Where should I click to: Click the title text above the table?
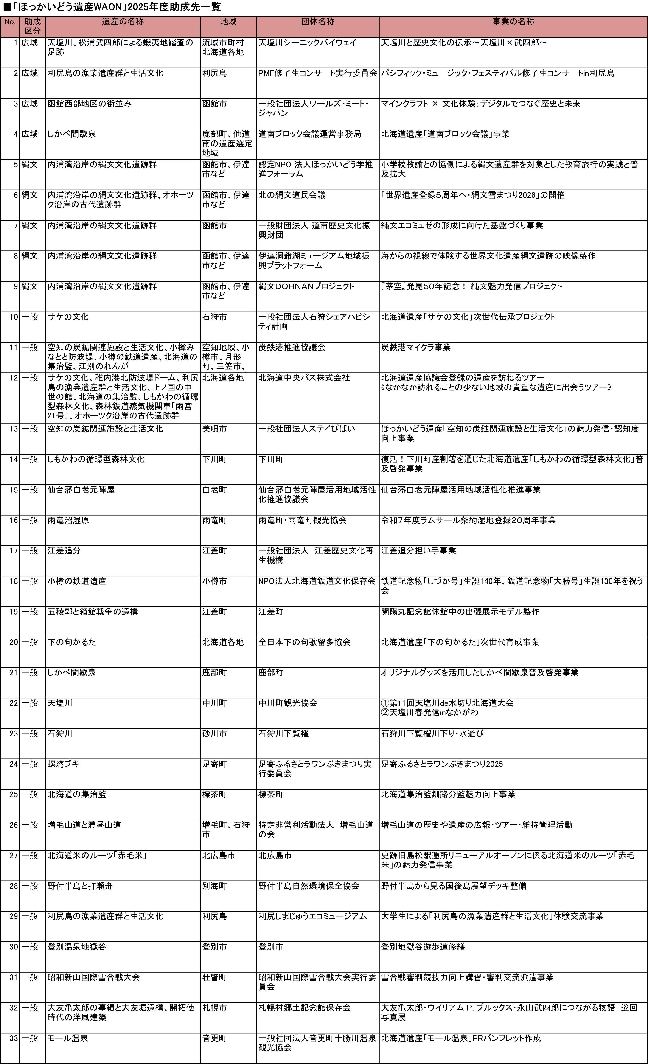tap(112, 7)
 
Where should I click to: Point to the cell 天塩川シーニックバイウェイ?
tap(307, 43)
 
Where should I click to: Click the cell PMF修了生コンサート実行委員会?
tap(317, 73)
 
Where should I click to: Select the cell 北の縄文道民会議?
tap(292, 195)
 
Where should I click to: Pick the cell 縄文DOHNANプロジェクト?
tap(306, 286)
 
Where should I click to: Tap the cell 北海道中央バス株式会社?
tap(304, 378)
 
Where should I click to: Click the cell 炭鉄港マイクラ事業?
tap(415, 348)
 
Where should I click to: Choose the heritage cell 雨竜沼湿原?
tap(68, 520)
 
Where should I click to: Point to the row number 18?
tap(14, 581)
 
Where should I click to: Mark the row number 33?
tap(14, 1038)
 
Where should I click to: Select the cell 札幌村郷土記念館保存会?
tap(304, 1008)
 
